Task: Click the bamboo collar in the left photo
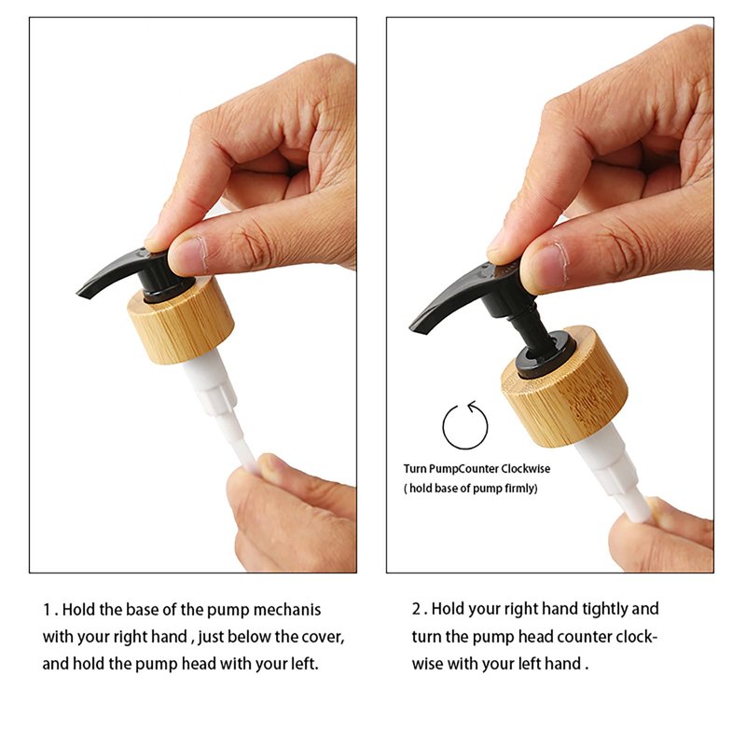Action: tap(181, 324)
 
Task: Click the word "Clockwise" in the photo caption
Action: tap(525, 469)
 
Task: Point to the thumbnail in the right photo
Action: tap(546, 267)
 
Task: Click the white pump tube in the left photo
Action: tap(220, 409)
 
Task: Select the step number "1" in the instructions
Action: tap(47, 610)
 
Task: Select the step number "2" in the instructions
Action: tap(416, 609)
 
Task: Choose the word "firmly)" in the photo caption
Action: tap(520, 488)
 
